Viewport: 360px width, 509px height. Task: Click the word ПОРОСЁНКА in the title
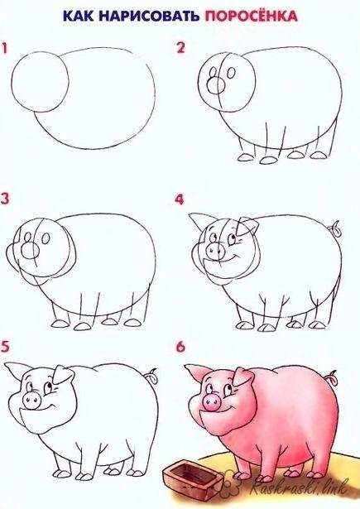pos(251,15)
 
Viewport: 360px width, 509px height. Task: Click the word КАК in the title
pos(79,16)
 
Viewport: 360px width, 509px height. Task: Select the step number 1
pos(4,47)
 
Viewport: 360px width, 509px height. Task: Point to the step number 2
pos(180,47)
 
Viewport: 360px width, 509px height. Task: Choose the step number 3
pos(4,199)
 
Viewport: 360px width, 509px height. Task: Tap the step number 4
pos(180,199)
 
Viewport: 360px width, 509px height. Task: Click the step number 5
pos(5,346)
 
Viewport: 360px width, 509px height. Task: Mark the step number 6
pos(180,346)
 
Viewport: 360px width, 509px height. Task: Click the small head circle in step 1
pos(40,81)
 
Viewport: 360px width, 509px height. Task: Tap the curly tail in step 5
pos(151,376)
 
